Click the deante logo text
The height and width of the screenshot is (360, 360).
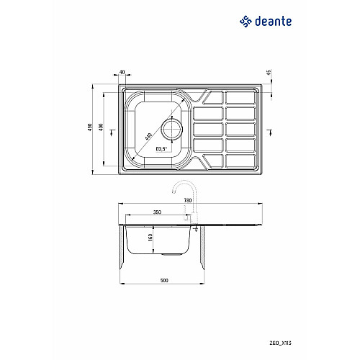[x=273, y=22]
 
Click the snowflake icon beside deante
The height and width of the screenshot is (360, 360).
[x=246, y=22]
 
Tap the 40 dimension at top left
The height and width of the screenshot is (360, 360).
[x=122, y=72]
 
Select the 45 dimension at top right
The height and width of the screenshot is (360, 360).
[x=269, y=73]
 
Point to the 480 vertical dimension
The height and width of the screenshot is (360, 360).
[x=90, y=127]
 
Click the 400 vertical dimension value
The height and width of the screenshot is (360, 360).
[x=101, y=127]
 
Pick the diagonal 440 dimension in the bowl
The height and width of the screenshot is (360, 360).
[x=148, y=137]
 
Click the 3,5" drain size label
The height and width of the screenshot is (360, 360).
[x=161, y=149]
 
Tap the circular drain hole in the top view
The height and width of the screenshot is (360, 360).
[x=172, y=130]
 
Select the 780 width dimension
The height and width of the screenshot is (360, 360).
[x=188, y=200]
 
